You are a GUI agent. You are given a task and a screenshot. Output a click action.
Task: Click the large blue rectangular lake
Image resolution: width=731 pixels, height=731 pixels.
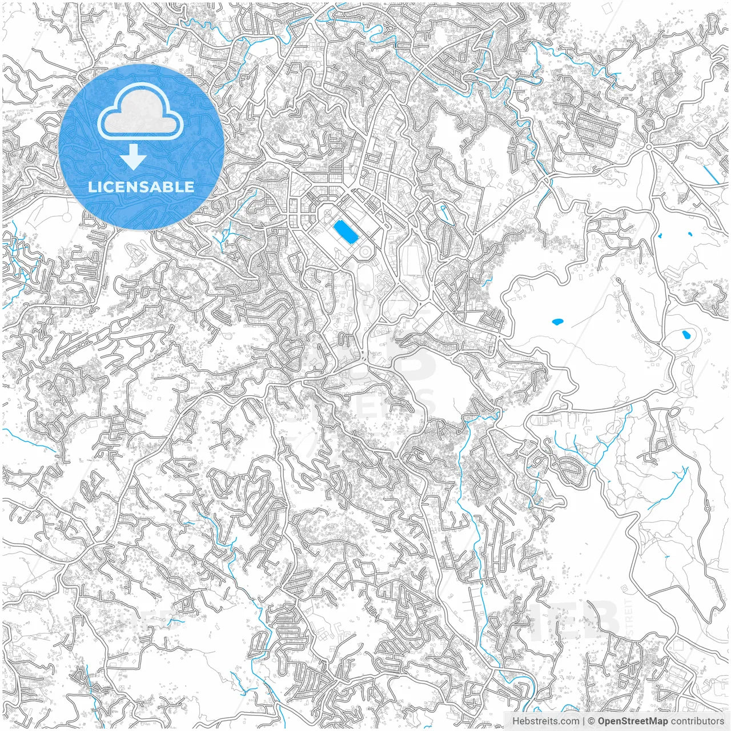point(346,231)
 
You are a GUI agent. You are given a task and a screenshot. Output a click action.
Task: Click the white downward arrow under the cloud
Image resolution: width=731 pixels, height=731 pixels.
point(134,157)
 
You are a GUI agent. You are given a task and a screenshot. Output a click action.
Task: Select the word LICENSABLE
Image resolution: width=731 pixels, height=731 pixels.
point(141,187)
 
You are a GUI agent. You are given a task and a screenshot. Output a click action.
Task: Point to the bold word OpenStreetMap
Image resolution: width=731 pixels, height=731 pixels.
point(632,721)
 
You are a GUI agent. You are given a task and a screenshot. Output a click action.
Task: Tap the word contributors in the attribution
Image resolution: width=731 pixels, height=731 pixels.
point(697,721)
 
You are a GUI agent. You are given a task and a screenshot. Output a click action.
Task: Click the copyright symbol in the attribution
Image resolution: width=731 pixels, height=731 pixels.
point(592,721)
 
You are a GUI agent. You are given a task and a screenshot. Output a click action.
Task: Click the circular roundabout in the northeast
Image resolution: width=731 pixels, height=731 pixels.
point(649,147)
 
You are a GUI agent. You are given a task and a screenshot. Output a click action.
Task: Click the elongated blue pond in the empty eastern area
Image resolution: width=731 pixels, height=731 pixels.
point(557,322)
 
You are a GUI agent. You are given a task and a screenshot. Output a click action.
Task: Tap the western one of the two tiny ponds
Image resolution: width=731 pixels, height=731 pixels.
point(660,235)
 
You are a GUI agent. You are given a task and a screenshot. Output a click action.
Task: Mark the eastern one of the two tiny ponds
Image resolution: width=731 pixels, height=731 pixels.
point(690,234)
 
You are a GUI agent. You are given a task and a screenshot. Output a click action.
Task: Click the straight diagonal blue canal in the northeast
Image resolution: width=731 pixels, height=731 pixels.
point(710,171)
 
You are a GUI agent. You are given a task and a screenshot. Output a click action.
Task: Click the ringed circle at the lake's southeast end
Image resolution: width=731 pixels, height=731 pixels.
point(364,251)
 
